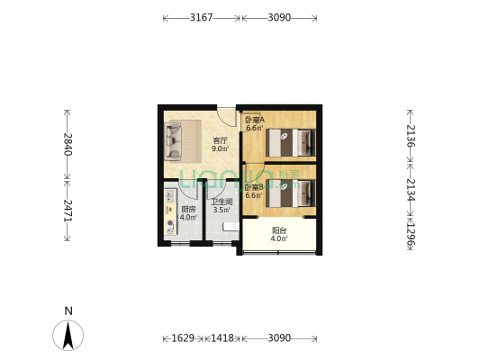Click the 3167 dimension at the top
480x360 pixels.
(202, 17)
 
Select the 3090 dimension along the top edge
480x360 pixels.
(279, 17)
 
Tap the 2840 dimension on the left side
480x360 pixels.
(66, 144)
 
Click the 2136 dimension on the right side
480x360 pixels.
(411, 135)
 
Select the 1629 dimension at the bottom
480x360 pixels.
(183, 338)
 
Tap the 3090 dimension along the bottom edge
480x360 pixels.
(279, 338)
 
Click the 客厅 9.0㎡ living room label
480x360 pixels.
(219, 145)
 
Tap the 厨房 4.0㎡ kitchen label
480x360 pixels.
(187, 213)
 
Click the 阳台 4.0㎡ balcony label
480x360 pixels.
(279, 234)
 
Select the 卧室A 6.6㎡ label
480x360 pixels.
(254, 123)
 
